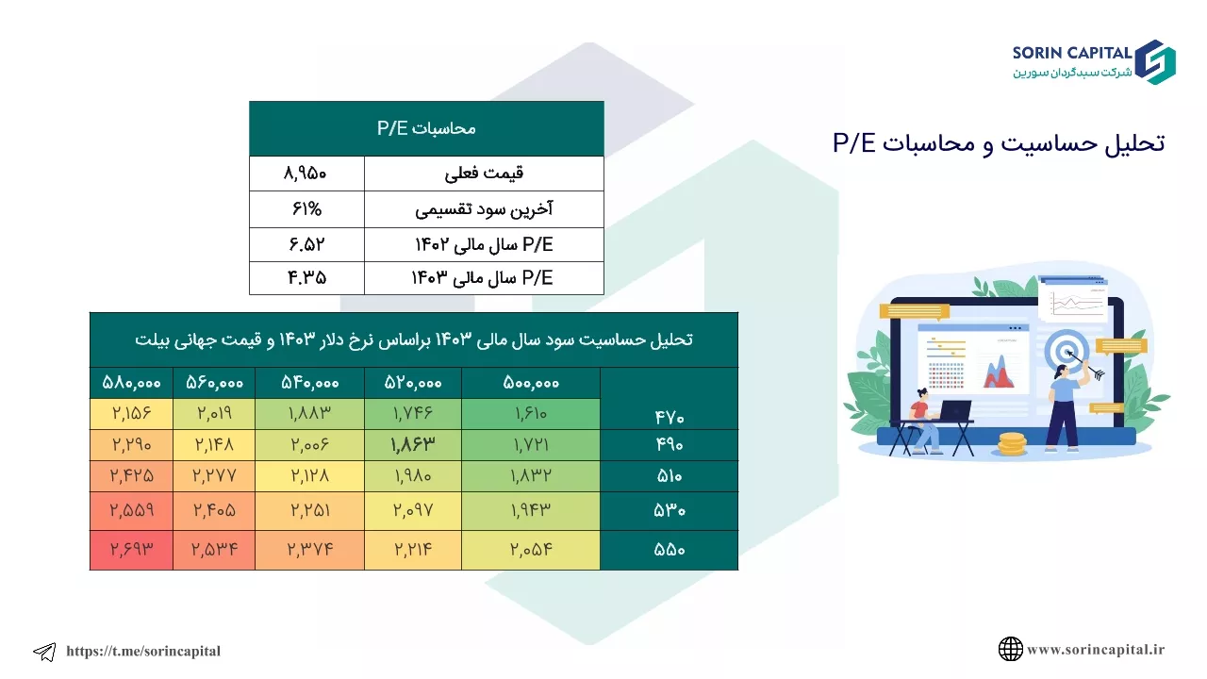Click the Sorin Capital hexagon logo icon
(1155, 62)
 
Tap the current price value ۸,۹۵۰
(305, 174)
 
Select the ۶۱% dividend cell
(306, 208)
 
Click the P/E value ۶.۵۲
(306, 244)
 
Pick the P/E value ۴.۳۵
(306, 278)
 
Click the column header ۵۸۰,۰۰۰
(131, 383)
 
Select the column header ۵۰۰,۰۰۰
(531, 383)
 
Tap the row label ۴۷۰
(670, 417)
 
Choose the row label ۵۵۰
(670, 550)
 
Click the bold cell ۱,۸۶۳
(413, 444)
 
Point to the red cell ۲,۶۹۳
(131, 549)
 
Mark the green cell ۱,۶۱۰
(531, 413)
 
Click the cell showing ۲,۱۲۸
(310, 476)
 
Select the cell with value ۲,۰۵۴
(531, 549)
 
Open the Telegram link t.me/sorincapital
(143, 651)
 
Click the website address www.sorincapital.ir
(1096, 650)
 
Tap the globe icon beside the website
(1010, 649)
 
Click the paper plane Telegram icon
(44, 652)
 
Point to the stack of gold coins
(1012, 443)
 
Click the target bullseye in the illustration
(1066, 352)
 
